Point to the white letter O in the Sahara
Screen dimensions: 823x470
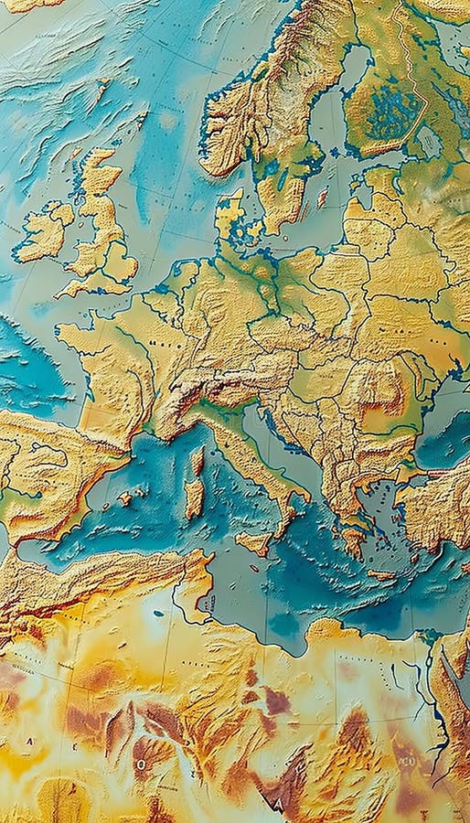(142, 762)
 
